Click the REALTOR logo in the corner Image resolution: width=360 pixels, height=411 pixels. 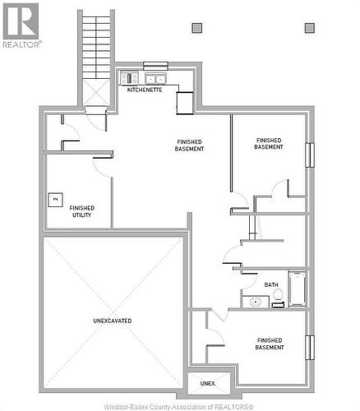point(20,24)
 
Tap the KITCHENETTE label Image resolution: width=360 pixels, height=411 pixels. point(144,90)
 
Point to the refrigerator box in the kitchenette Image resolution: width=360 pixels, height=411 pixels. point(184,103)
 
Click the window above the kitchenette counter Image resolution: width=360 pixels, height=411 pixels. point(155,66)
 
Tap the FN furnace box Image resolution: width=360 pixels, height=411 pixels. point(55,199)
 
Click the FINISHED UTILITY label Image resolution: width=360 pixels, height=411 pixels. point(81,211)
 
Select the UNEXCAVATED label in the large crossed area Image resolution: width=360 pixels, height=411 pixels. point(113,321)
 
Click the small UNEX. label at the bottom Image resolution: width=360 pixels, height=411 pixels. point(208,383)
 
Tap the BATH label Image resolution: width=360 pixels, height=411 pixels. point(271,285)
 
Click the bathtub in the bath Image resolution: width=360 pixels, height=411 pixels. point(297,289)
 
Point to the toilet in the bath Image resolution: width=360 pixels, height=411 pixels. point(277,297)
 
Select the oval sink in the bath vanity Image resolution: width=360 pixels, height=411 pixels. point(256,302)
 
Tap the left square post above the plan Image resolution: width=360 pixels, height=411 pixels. point(196,28)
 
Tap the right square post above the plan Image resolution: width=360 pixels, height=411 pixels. point(309,28)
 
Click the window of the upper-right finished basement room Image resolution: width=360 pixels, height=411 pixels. point(310,155)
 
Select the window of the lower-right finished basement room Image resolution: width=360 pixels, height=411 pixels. point(310,347)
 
